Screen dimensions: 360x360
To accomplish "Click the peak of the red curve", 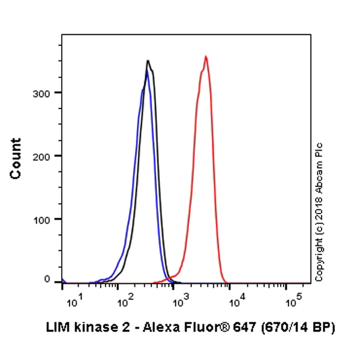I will click(206, 57).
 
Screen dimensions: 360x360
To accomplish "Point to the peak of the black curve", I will click(148, 61).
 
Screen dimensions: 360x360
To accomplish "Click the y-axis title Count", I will click(16, 158).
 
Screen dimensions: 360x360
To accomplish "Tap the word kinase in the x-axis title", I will click(90, 328).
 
